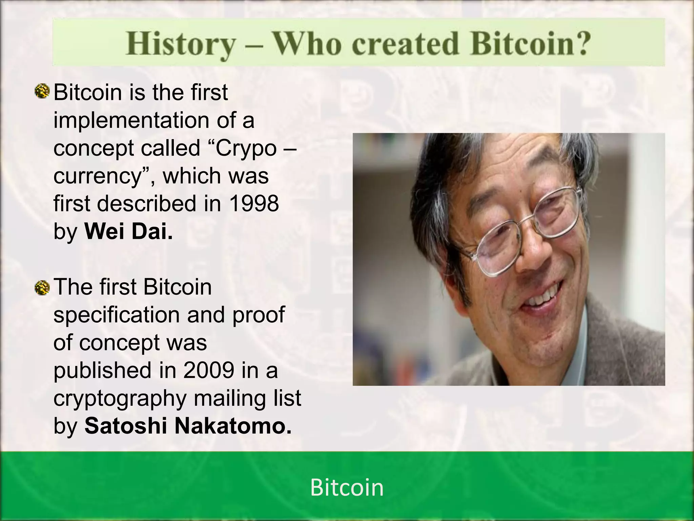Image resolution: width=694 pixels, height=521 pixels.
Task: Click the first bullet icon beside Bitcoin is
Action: click(x=43, y=92)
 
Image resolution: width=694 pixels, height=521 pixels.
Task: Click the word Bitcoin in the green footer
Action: click(x=347, y=488)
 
